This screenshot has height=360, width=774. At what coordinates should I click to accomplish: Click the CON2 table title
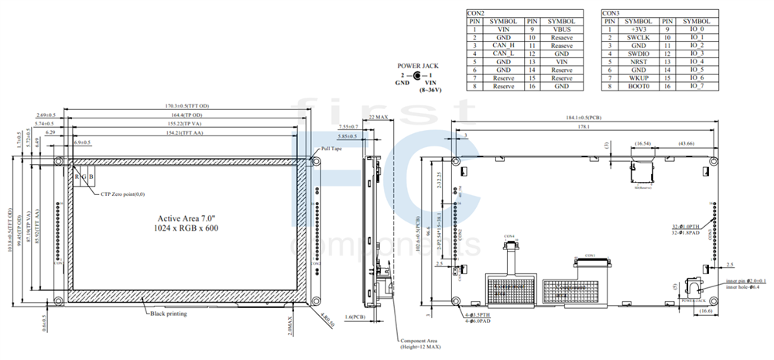[x=477, y=13]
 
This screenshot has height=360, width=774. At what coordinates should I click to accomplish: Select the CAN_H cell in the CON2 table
[x=503, y=46]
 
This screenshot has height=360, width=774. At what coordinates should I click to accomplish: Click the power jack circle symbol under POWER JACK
[x=418, y=76]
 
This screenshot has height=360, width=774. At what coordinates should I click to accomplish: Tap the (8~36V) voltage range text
[x=431, y=91]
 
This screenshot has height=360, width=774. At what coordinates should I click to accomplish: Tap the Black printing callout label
[x=169, y=314]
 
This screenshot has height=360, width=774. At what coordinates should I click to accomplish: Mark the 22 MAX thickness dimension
[x=378, y=116]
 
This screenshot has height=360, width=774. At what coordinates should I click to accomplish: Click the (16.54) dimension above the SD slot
[x=642, y=144]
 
